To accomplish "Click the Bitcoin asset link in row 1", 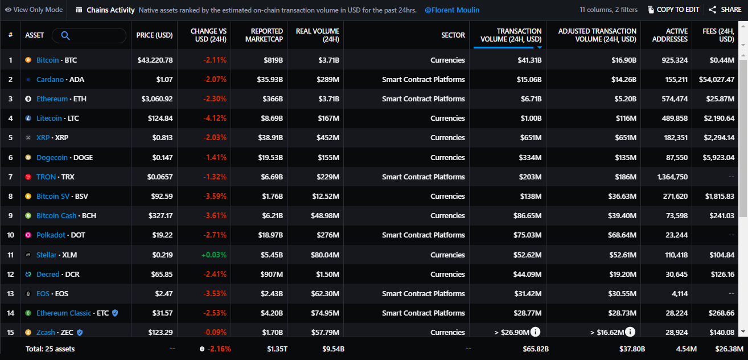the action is [x=47, y=60].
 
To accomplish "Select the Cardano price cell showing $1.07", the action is [x=165, y=80].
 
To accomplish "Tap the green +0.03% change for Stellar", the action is [x=214, y=255].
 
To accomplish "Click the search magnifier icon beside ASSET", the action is [x=65, y=35].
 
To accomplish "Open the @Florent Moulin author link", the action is [x=452, y=10].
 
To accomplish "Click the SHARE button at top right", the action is [x=725, y=10].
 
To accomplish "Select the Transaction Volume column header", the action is [x=511, y=35].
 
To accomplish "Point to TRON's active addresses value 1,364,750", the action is [x=672, y=177].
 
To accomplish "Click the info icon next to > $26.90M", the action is [x=535, y=332].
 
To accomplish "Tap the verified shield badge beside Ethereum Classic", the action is [x=115, y=313].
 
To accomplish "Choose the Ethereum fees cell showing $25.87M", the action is [x=720, y=99].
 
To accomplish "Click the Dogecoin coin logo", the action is [x=28, y=157].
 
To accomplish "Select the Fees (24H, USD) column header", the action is [x=718, y=35].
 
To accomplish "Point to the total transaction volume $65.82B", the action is [x=536, y=349].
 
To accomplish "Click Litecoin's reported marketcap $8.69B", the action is [x=272, y=118].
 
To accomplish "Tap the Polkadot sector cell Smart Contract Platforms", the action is [x=424, y=235].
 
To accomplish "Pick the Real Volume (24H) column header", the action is [x=317, y=35].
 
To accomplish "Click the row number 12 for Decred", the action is [x=10, y=275].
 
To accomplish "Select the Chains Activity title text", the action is [x=110, y=10].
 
